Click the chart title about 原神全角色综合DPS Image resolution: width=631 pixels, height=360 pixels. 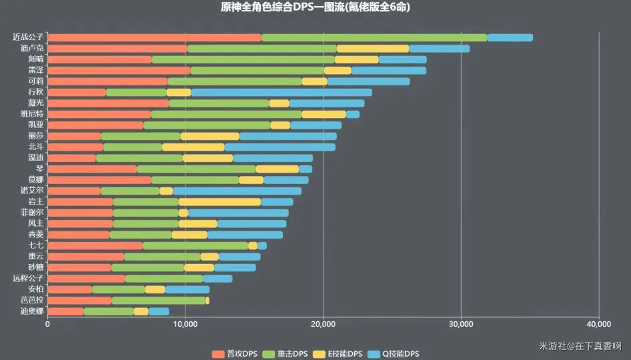315,8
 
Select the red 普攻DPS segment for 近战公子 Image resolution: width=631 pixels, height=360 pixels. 155,37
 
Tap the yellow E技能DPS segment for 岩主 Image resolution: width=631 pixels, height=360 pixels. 219,201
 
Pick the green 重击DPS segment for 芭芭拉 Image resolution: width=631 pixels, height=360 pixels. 159,301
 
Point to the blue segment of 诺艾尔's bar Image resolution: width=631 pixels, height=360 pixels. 237,191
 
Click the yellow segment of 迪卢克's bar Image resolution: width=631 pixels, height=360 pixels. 373,49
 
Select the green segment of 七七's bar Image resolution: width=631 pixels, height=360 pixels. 195,245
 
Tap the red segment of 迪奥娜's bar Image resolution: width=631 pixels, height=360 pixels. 65,311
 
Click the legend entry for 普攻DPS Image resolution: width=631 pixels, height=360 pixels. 234,353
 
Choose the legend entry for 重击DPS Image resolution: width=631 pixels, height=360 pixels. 286,353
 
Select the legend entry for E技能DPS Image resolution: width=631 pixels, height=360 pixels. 340,353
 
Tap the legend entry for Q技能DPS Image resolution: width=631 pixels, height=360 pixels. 395,353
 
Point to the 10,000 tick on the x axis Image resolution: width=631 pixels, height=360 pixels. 185,324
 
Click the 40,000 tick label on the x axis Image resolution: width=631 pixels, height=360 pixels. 598,324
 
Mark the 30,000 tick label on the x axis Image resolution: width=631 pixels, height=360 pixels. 461,324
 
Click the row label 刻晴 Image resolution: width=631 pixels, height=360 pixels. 36,59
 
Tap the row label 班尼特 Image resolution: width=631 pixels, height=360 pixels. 32,114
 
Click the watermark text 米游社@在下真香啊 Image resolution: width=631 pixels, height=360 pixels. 580,346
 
